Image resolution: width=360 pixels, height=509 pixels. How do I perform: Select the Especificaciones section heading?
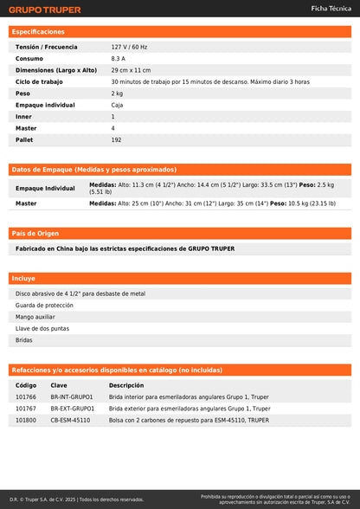(x=38, y=31)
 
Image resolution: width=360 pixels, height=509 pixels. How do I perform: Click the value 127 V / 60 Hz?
(x=130, y=47)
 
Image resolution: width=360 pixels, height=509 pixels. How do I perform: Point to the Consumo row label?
(x=29, y=58)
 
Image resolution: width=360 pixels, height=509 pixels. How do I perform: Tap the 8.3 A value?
(x=119, y=58)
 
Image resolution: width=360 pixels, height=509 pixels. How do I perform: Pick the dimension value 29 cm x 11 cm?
(x=131, y=69)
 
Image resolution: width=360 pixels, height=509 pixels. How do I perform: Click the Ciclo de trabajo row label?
(x=40, y=81)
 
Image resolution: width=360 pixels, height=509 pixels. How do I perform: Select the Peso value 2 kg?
(x=117, y=93)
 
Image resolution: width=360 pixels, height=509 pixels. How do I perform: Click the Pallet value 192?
(x=116, y=139)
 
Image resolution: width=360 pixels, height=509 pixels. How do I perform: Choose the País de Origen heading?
(x=35, y=234)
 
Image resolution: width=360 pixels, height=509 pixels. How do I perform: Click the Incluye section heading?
(x=23, y=279)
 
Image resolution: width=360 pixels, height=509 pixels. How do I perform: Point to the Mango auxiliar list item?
(x=36, y=317)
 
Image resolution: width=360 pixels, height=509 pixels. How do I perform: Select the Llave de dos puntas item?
(x=42, y=328)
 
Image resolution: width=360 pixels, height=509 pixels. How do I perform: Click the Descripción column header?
(x=126, y=385)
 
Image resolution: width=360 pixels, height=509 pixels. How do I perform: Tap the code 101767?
(x=26, y=408)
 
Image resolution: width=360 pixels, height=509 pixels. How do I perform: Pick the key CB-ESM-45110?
(x=70, y=420)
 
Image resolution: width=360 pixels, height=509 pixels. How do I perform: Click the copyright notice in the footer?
(x=77, y=499)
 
